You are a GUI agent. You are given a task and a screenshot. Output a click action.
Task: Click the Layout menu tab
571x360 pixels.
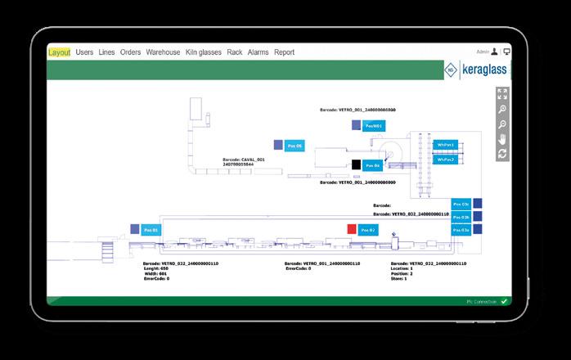(x=60, y=52)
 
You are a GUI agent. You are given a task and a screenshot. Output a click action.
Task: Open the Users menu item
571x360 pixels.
(x=84, y=52)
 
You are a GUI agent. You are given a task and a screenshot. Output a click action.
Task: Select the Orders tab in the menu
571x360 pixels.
(x=130, y=52)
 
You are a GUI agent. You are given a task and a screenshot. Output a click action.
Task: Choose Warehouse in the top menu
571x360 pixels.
(x=163, y=52)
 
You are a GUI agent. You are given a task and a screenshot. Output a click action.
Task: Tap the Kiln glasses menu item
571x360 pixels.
(x=203, y=52)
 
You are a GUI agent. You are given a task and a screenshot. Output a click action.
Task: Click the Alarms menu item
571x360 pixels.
(x=258, y=52)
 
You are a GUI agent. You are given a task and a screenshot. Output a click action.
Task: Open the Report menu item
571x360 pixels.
(x=285, y=52)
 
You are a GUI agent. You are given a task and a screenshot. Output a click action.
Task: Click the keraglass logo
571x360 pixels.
(x=476, y=70)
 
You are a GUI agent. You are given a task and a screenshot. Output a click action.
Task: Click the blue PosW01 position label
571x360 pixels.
(x=375, y=126)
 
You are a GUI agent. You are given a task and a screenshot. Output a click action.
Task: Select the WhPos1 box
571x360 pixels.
(x=445, y=145)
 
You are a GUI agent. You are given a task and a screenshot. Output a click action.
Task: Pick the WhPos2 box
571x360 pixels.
(x=445, y=160)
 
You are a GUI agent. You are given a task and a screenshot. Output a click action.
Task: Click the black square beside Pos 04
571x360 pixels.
(x=356, y=164)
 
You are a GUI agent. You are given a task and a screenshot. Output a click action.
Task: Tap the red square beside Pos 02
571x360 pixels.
(x=351, y=229)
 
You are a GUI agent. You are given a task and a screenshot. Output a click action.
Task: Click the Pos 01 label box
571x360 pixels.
(x=150, y=231)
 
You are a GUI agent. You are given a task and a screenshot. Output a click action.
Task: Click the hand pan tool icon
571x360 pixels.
(x=502, y=138)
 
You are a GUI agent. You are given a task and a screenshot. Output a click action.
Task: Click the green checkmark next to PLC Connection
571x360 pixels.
(x=505, y=301)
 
